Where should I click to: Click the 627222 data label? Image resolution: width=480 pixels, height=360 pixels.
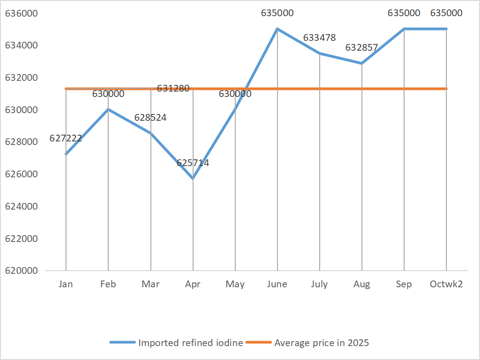[x=66, y=138]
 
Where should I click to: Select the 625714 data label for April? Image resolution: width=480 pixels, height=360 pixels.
[x=193, y=163]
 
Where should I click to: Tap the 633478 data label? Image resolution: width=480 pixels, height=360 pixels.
[x=319, y=38]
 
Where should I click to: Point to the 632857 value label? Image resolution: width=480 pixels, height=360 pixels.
[x=361, y=48]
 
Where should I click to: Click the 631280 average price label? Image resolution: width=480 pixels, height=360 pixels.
[x=173, y=88]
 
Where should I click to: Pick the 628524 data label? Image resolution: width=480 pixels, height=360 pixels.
[x=150, y=118]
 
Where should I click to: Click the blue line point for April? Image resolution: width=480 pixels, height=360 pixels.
[x=193, y=179]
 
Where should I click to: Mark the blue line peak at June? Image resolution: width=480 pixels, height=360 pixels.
[x=277, y=29]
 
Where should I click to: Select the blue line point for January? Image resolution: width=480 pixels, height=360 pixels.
[x=66, y=154]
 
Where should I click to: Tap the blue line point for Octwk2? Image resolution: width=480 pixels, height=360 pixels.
[x=446, y=29]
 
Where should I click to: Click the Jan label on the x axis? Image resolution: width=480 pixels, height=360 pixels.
[x=66, y=284]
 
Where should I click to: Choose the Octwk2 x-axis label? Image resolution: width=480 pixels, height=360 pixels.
[x=446, y=284]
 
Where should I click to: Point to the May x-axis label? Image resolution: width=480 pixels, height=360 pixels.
[x=235, y=284]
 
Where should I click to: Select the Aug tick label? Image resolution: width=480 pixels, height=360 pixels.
[x=361, y=284]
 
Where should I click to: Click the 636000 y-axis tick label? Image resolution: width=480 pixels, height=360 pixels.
[x=22, y=13]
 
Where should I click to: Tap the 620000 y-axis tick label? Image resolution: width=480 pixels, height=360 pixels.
[x=22, y=271]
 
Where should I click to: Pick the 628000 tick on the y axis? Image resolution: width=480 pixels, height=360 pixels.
[x=22, y=142]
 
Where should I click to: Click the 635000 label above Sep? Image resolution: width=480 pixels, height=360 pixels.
[x=404, y=13]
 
